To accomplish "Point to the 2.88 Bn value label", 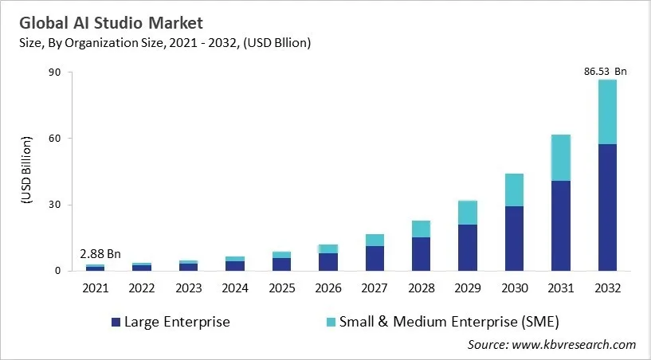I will [100, 254].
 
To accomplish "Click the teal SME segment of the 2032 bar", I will [607, 112].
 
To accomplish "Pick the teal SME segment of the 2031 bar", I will [561, 158].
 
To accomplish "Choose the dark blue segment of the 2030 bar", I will [514, 238].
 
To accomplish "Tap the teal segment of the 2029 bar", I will [468, 213].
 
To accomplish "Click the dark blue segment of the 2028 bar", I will [422, 254].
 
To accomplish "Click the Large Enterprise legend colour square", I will [116, 323].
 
